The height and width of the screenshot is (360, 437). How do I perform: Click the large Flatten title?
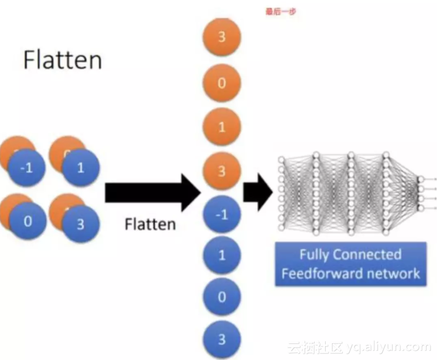click(x=62, y=60)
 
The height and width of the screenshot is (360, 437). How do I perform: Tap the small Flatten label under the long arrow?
click(x=150, y=224)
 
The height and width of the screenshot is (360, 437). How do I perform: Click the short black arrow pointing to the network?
click(x=258, y=193)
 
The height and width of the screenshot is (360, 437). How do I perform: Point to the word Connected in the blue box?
click(x=367, y=255)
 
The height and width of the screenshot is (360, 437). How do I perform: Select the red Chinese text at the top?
click(x=280, y=11)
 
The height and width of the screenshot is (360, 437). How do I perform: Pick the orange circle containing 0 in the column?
click(x=221, y=83)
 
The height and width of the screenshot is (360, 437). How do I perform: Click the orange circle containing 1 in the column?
click(x=221, y=127)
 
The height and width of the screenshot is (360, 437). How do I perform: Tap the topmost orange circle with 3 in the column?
click(x=221, y=38)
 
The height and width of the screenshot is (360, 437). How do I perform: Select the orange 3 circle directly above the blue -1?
click(x=221, y=170)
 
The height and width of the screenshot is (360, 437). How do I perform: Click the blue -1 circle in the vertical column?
click(x=221, y=214)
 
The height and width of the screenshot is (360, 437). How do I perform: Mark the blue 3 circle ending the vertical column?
click(x=221, y=339)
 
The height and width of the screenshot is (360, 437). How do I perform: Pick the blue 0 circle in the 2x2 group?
click(x=27, y=221)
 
